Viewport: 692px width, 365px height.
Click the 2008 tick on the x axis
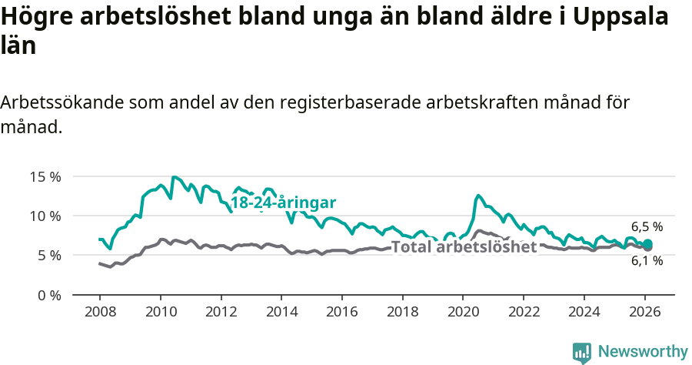pos(100,312)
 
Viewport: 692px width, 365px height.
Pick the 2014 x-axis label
pos(281,312)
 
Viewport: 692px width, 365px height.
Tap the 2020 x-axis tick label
pos(463,312)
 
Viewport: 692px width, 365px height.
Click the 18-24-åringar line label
pos(283,203)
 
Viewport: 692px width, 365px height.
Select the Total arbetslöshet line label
pos(464,247)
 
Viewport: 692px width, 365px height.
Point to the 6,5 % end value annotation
pos(647,227)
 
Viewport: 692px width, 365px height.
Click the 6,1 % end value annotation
pos(647,261)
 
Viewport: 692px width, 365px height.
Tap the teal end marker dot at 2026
pos(647,245)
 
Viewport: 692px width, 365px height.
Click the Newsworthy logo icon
pos(582,353)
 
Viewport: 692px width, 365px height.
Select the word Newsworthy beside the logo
pos(642,352)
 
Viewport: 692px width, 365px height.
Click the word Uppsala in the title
pos(610,17)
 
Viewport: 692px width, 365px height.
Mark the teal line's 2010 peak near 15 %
pos(174,177)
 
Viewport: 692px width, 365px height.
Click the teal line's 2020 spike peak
pos(478,196)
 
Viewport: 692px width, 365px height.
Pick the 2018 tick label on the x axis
pos(402,312)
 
